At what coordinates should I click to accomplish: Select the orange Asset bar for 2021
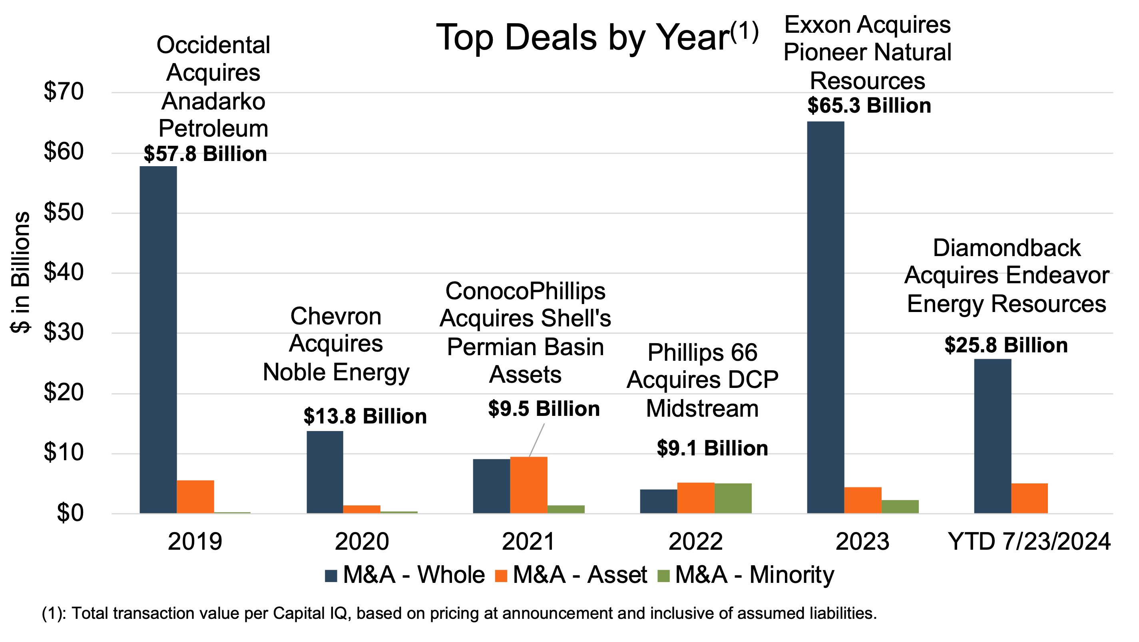pos(528,485)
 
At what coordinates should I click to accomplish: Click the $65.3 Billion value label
pos(869,105)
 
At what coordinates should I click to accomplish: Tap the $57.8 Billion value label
pos(205,154)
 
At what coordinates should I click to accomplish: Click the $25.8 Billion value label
pos(1006,345)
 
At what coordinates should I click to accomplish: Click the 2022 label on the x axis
pos(695,541)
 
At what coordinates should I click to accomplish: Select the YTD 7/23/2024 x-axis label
pos(1029,541)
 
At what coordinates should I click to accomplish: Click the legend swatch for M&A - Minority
pos(664,576)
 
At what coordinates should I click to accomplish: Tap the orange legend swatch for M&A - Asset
pos(501,576)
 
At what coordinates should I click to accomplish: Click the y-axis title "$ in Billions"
pos(20,272)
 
